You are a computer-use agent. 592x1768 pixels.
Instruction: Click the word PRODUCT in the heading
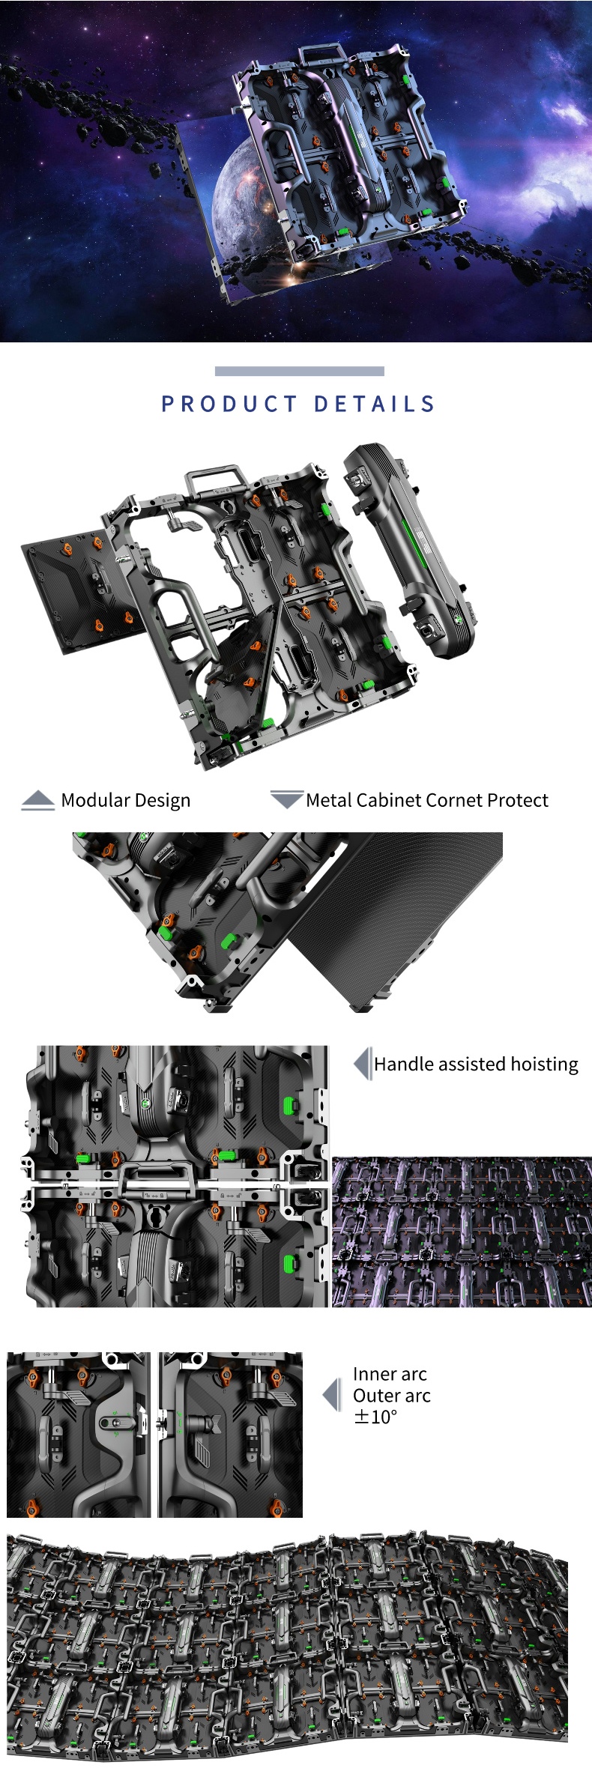pyautogui.click(x=229, y=405)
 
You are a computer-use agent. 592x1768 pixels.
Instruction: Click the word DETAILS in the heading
pyautogui.click(x=374, y=405)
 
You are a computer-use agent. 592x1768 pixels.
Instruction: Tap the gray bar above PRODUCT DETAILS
pyautogui.click(x=299, y=371)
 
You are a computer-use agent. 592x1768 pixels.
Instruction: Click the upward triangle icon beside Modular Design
pyautogui.click(x=37, y=800)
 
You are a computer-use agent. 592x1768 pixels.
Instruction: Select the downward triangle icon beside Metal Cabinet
pyautogui.click(x=286, y=799)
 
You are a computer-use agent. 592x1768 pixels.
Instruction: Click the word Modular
pyautogui.click(x=95, y=800)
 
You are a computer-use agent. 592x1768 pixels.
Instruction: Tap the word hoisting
pyautogui.click(x=544, y=1065)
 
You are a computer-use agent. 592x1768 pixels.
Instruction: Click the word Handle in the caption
pyautogui.click(x=402, y=1065)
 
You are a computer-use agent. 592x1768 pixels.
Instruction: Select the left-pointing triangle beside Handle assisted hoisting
pyautogui.click(x=362, y=1064)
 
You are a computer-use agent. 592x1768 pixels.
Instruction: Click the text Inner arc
pyautogui.click(x=390, y=1374)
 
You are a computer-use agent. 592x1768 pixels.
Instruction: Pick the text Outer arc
pyautogui.click(x=391, y=1396)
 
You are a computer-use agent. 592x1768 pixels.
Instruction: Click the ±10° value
pyautogui.click(x=375, y=1417)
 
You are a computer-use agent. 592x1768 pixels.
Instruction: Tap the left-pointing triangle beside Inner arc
pyautogui.click(x=331, y=1395)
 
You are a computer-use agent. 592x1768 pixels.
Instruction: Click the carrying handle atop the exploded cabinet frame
pyautogui.click(x=217, y=479)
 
